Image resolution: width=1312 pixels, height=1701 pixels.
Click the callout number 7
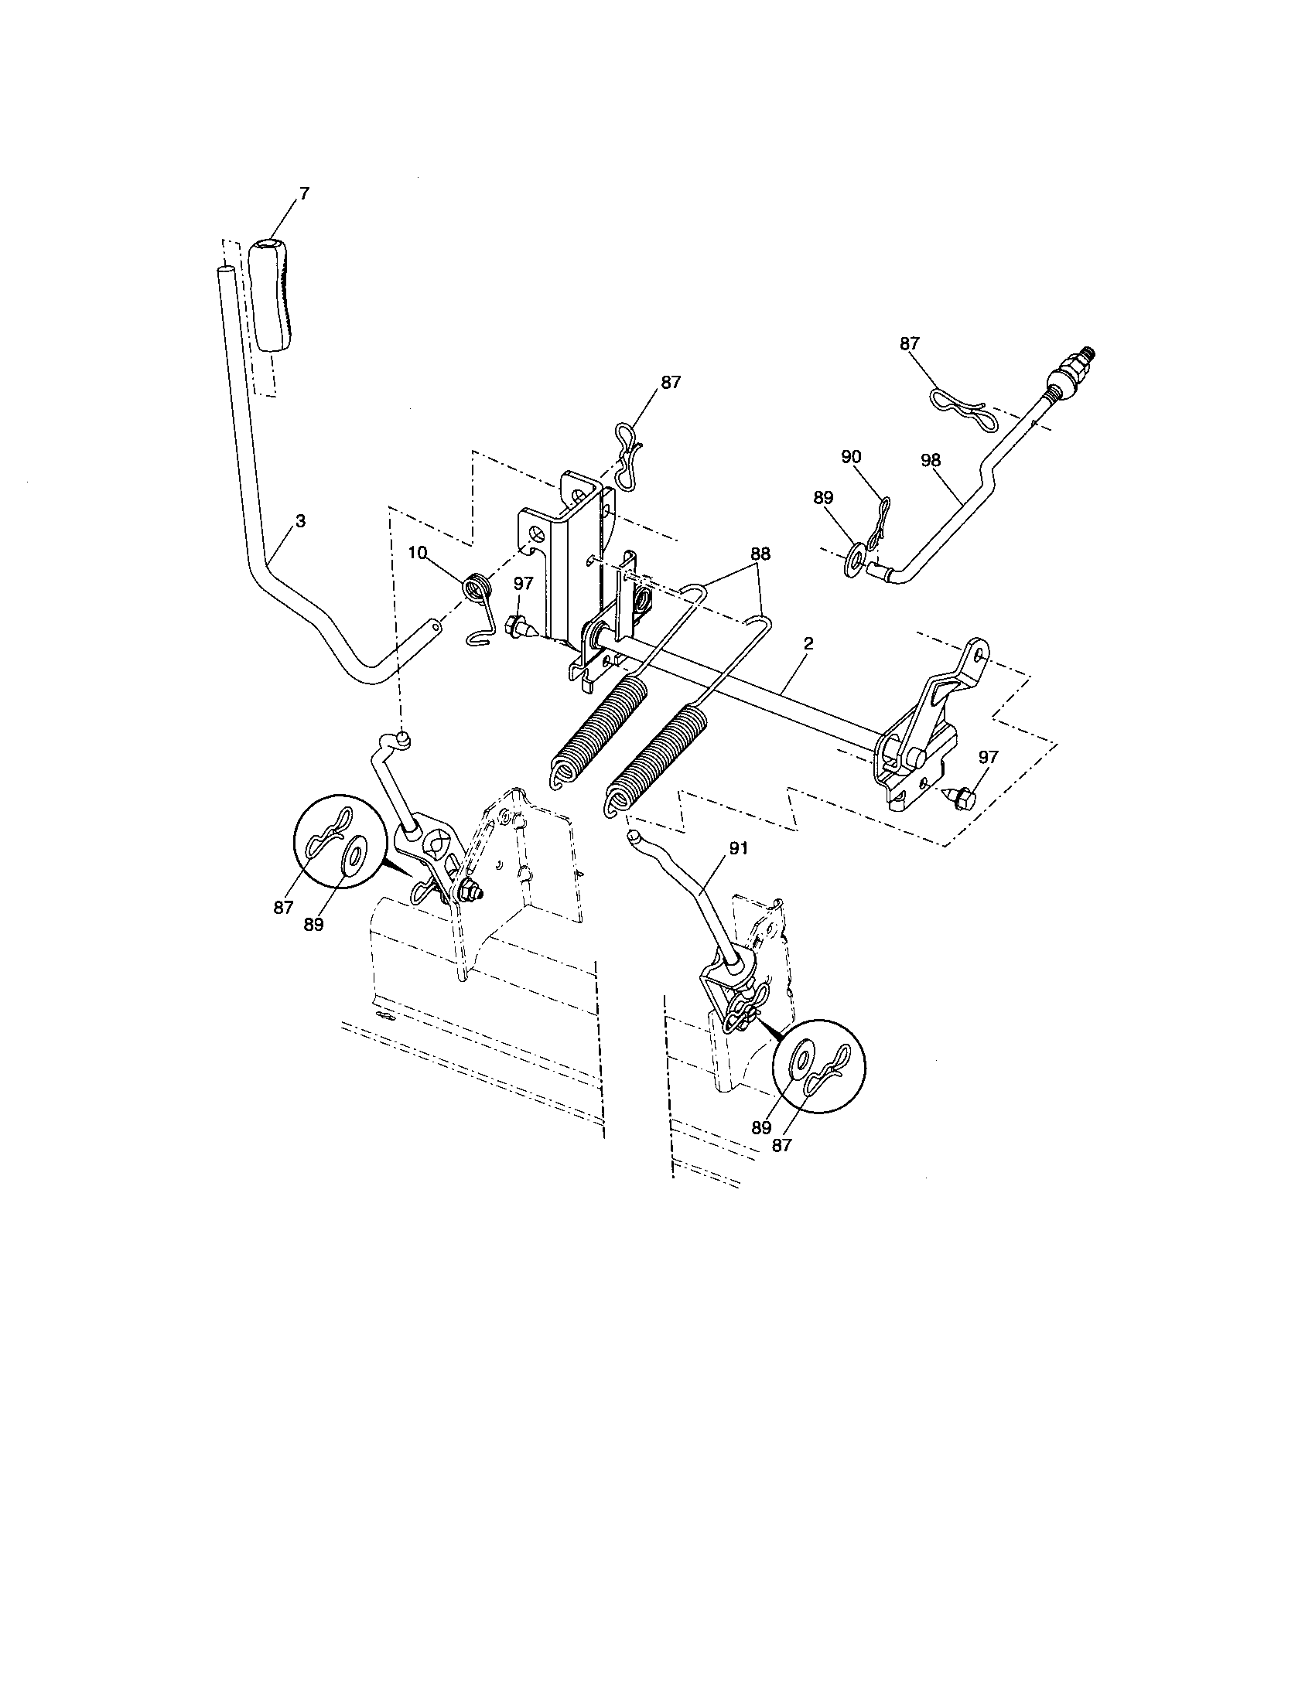304,193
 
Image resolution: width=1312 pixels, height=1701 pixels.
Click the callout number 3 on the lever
301,522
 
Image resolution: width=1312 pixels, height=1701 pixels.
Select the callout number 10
418,552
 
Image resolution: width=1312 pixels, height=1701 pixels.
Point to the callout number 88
760,554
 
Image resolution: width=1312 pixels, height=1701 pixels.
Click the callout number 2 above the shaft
808,643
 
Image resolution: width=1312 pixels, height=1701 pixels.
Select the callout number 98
931,460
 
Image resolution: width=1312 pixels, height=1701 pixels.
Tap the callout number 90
852,457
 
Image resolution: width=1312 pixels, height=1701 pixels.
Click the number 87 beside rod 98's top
910,343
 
